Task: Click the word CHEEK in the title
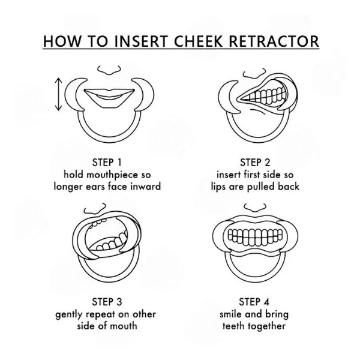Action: tap(198, 41)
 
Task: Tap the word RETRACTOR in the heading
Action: tap(274, 41)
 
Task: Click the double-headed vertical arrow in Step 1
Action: tap(59, 94)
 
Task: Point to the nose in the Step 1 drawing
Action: tap(109, 70)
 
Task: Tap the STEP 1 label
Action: tap(107, 163)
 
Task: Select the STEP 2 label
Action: tap(255, 163)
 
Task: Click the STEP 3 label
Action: tap(107, 302)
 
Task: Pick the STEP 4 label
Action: tap(254, 302)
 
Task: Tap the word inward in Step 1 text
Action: tap(146, 186)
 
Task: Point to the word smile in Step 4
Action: tap(231, 314)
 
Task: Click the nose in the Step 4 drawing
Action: tap(255, 208)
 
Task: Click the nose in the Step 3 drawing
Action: tap(95, 208)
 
